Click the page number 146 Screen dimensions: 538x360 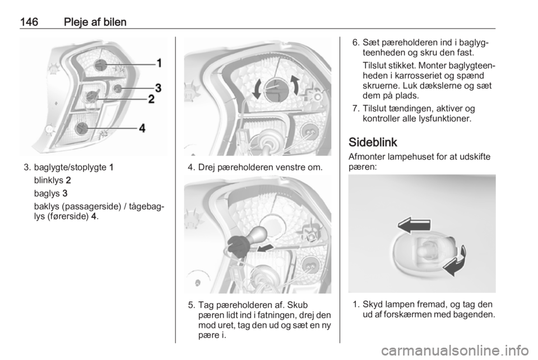29,22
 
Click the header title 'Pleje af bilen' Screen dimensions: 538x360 95,22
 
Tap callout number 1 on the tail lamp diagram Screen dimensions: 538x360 159,63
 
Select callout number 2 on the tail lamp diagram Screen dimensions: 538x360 151,99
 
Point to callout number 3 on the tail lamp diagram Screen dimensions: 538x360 158,88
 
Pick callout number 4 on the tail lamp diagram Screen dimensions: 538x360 142,128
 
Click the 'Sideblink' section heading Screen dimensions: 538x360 373,142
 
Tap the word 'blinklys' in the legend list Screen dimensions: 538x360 49,180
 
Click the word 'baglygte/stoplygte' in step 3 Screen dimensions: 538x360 70,168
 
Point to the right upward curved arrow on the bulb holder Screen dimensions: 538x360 294,86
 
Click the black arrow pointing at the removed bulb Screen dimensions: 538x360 265,248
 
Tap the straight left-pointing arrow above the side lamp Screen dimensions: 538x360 414,225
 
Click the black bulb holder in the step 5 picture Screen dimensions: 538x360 236,246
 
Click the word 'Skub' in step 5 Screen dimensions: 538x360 297,305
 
